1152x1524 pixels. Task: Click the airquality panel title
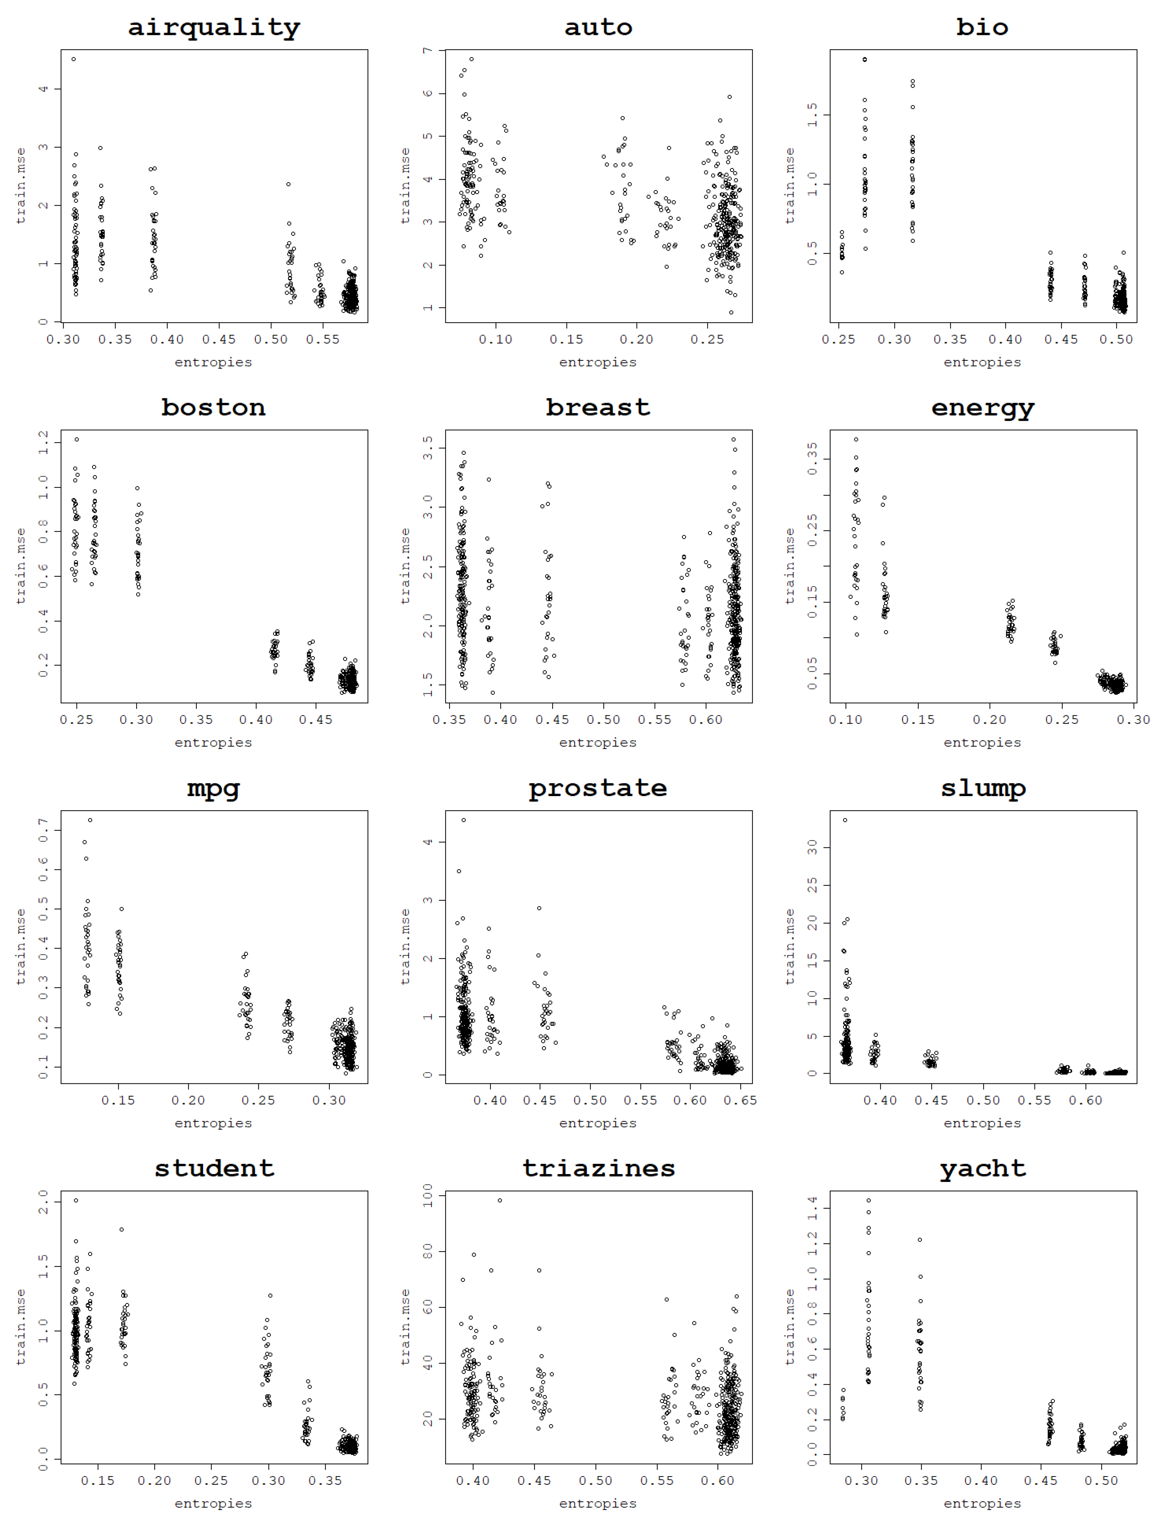coord(214,28)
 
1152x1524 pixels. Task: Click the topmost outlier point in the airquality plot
coord(74,59)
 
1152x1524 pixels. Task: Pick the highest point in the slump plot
coord(845,820)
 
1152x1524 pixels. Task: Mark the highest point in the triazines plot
coord(499,1200)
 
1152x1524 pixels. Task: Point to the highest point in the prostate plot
coord(464,820)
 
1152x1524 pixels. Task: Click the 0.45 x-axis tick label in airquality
coord(219,340)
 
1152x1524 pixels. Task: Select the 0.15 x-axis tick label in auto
coord(566,340)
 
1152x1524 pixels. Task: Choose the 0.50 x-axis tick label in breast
coord(604,720)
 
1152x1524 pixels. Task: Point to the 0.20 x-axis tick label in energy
coord(990,720)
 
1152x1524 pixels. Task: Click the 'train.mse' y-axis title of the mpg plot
coord(21,947)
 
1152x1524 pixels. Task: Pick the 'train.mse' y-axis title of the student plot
coord(21,1327)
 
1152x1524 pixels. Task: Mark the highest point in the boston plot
coord(76,440)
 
